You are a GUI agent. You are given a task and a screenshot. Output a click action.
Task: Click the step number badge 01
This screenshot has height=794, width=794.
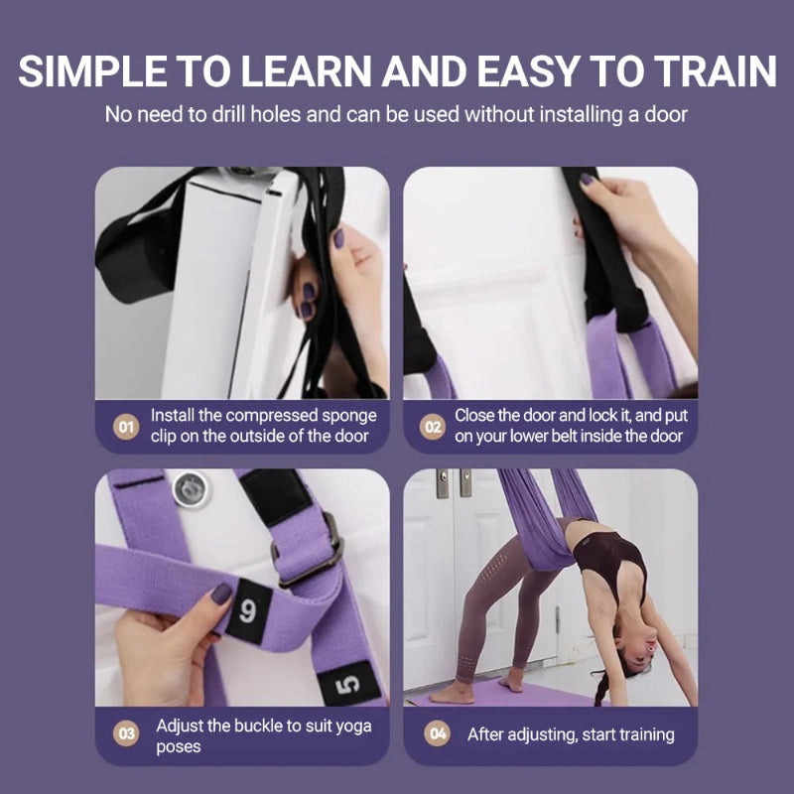coord(125,428)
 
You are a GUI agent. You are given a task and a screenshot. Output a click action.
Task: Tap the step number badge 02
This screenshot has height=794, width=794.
coord(433,428)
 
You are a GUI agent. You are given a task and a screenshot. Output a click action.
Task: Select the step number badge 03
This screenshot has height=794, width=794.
coord(125,735)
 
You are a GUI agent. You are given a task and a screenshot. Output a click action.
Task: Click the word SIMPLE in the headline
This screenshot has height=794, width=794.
coord(91,72)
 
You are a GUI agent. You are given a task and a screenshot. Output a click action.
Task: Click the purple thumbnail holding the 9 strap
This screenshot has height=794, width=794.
coord(219,594)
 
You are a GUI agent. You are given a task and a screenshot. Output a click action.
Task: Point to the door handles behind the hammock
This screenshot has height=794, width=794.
coord(452,483)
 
